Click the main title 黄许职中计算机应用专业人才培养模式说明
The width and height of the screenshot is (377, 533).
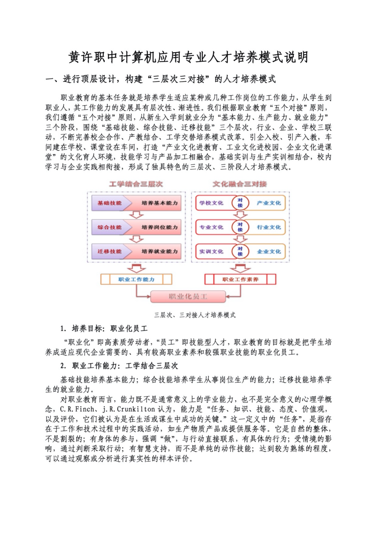coord(188,57)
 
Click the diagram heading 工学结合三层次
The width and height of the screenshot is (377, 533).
coord(136,184)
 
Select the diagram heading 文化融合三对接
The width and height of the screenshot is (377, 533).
coord(240,184)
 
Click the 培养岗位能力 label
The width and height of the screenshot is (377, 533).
coord(160,227)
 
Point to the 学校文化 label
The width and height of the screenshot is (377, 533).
coord(211,203)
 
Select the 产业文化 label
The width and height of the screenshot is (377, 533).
coord(269,203)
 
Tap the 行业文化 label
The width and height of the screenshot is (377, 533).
coord(269,227)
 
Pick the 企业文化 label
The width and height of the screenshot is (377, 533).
coord(269,252)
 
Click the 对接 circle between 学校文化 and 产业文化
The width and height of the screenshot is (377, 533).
coord(240,203)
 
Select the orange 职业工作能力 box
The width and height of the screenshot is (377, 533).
coord(136,279)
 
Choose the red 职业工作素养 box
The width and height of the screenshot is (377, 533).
coord(240,279)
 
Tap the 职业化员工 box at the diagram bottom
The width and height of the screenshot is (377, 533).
coord(188,296)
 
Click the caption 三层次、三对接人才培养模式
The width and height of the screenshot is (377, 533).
coord(195,315)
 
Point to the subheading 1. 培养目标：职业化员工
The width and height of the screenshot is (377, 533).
coord(104,329)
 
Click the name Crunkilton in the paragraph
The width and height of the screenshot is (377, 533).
coord(136,409)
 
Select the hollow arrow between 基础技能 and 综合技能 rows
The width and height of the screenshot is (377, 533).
coord(136,215)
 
